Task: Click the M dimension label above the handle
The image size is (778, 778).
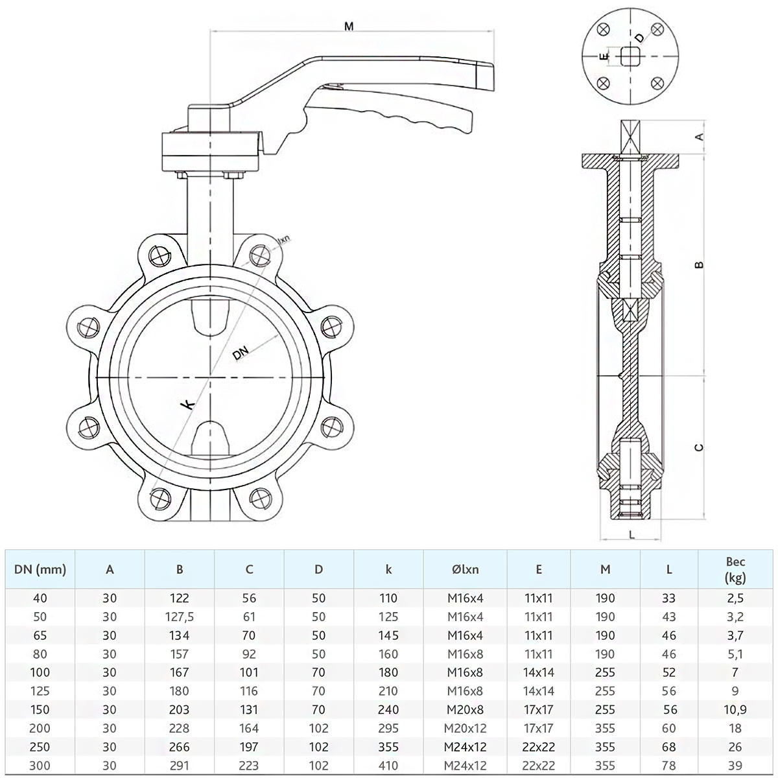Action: click(349, 27)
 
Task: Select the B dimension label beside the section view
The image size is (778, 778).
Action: click(700, 265)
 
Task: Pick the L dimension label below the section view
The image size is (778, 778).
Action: click(632, 535)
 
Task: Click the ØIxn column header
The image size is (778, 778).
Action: click(465, 569)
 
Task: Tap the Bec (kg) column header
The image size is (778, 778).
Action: click(735, 569)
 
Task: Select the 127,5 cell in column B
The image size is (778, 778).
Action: click(179, 617)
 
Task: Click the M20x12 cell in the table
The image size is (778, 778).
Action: click(465, 728)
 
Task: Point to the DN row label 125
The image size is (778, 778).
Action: click(40, 691)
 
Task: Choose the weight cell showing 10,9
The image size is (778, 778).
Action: click(735, 710)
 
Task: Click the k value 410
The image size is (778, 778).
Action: click(388, 766)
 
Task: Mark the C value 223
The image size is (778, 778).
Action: click(249, 766)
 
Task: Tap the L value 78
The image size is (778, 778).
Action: click(668, 766)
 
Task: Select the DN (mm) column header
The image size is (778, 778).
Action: click(40, 570)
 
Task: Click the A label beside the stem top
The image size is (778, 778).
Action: click(700, 136)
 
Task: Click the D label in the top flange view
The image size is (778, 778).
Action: click(640, 38)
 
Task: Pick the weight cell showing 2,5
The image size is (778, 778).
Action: click(735, 598)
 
